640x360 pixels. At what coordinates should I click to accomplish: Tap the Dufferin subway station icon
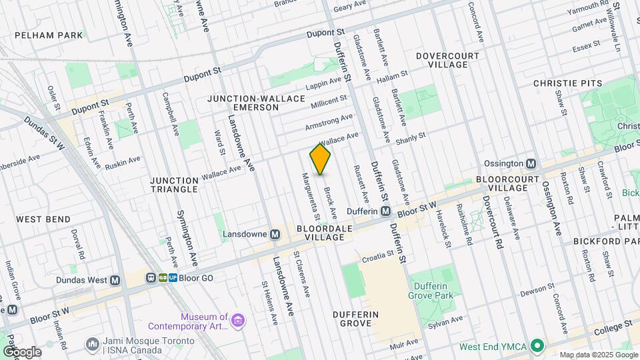click(x=385, y=211)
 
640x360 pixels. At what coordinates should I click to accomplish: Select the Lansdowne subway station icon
click(x=275, y=234)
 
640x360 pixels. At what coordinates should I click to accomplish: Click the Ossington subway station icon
click(x=531, y=163)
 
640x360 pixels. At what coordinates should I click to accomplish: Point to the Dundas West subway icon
click(x=115, y=281)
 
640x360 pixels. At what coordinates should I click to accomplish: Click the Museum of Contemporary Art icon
click(x=237, y=322)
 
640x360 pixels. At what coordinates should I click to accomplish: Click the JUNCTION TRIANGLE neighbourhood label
click(x=174, y=185)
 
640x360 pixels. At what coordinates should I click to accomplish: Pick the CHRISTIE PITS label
click(x=567, y=83)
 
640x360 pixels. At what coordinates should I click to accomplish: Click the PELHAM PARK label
click(x=48, y=35)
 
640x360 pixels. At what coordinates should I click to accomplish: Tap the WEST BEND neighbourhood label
click(x=43, y=219)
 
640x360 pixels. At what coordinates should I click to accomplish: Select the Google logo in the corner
click(x=21, y=351)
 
